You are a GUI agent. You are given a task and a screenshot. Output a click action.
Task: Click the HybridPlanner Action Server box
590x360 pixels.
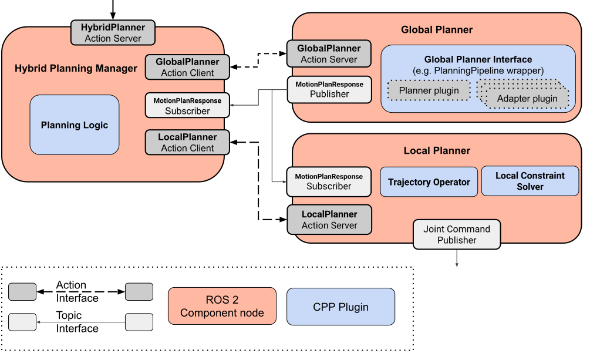(113, 33)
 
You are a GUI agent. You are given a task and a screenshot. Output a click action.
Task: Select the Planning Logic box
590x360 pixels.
(75, 125)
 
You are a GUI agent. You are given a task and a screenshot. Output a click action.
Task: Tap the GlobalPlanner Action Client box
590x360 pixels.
(187, 67)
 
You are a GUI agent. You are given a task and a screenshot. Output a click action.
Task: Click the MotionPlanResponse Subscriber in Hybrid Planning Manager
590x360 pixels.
(187, 105)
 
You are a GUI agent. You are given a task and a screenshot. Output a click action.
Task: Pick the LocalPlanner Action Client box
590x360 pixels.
(187, 142)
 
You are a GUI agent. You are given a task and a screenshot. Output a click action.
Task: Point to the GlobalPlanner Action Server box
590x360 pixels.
(329, 53)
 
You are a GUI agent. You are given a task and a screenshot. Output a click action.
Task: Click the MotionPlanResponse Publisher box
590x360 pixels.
(329, 89)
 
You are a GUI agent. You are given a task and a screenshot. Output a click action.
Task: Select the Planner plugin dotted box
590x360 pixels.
(429, 90)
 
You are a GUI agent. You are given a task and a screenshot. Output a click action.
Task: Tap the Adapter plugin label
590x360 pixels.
(527, 99)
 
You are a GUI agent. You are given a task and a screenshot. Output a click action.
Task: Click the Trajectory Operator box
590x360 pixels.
(429, 182)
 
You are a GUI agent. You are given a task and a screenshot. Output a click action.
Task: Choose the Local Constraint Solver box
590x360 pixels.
(530, 181)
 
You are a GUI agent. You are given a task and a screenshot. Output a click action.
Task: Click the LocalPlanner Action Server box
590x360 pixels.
(329, 220)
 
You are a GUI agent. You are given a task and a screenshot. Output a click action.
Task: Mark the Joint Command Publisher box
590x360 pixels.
(457, 234)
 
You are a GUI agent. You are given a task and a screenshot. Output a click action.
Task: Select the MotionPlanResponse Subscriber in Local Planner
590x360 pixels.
(329, 181)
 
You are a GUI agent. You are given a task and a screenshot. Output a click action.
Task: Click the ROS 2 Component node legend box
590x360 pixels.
(222, 306)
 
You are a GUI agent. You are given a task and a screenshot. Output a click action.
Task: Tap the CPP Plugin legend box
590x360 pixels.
(340, 307)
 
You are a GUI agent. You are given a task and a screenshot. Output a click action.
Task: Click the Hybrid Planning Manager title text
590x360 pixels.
(76, 69)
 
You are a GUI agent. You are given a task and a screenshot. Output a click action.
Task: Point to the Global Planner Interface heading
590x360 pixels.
(478, 59)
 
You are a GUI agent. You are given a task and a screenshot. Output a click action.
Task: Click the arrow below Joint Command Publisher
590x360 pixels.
(457, 258)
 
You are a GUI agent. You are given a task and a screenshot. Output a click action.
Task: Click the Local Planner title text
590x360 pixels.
(437, 150)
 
